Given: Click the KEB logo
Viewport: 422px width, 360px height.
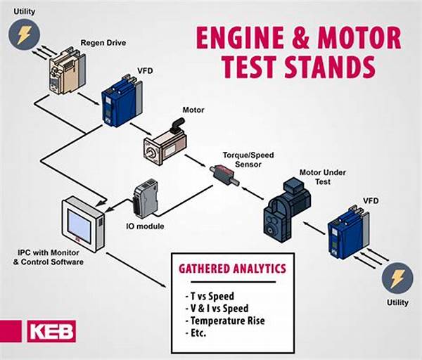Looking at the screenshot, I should pos(51,331).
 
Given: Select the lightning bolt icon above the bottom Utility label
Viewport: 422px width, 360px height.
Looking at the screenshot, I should pos(397,279).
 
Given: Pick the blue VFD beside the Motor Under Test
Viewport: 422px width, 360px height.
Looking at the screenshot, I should pos(348,229).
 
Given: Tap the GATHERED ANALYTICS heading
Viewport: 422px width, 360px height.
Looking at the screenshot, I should pos(231,268).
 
